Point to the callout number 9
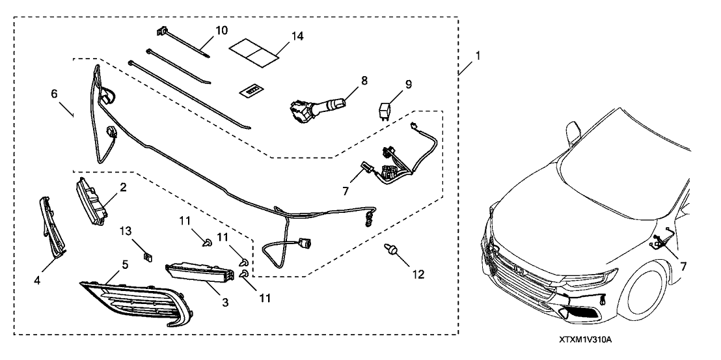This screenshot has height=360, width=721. [408, 85]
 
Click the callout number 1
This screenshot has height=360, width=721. [478, 57]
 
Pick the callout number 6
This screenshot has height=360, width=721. [54, 94]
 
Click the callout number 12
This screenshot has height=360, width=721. [417, 275]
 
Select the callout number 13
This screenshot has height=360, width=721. [126, 231]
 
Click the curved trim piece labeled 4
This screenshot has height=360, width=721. [53, 226]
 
